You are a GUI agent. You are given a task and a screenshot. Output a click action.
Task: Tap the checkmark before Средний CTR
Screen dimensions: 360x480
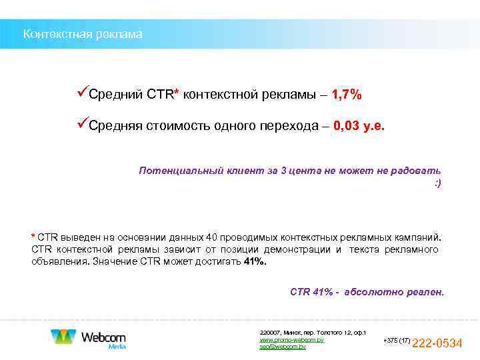82,94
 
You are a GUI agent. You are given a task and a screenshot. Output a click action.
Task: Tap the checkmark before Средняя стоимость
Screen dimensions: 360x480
82,125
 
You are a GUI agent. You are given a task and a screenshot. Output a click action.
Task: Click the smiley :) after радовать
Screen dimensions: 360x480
437,182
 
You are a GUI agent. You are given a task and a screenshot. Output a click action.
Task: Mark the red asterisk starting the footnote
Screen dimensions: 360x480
33,237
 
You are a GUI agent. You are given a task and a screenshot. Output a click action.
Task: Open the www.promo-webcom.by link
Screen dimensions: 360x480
291,340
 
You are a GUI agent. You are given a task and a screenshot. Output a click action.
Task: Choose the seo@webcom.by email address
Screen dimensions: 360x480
283,347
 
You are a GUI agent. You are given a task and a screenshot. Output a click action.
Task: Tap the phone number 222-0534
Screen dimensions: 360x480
438,343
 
